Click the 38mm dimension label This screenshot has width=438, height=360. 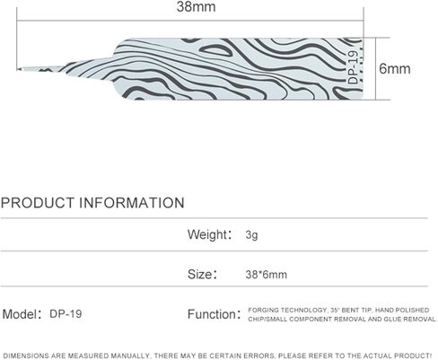click(x=196, y=7)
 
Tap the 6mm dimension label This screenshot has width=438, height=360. click(x=395, y=69)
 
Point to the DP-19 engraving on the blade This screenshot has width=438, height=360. click(x=353, y=67)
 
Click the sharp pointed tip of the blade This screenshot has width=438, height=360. click(x=18, y=69)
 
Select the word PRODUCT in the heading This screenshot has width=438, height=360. click(x=38, y=203)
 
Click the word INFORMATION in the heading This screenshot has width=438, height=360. click(x=132, y=203)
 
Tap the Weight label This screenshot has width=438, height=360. click(x=209, y=234)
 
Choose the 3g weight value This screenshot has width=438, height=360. click(x=251, y=235)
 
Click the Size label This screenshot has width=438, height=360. click(x=202, y=274)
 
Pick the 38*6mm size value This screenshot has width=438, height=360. click(x=267, y=275)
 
